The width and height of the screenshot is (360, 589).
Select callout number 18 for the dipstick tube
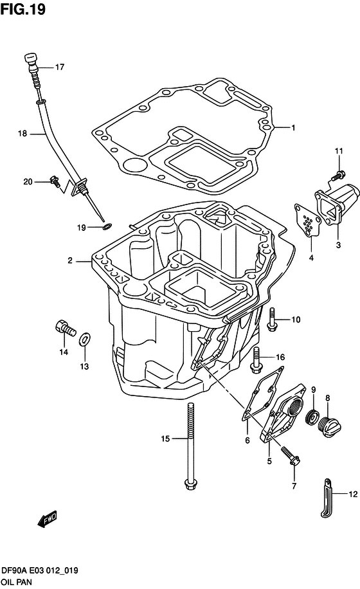[x=22, y=134]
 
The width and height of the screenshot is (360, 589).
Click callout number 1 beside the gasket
[x=292, y=127]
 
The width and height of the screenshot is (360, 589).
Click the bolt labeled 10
[x=273, y=320]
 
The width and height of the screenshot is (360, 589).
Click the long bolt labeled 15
[x=190, y=444]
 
